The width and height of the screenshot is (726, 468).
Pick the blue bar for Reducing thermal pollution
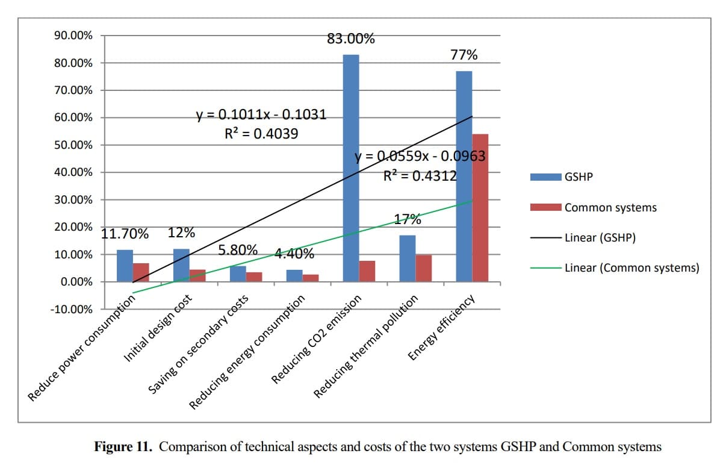click(408, 258)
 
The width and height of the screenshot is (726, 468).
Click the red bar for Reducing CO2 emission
click(367, 271)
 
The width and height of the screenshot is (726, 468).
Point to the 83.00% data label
click(351, 39)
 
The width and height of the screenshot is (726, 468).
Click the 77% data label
click(464, 55)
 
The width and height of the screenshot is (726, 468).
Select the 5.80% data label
click(238, 249)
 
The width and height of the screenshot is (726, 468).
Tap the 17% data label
click(408, 219)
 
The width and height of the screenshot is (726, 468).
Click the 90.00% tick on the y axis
click(73, 36)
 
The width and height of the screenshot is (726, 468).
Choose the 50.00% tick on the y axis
click(73, 145)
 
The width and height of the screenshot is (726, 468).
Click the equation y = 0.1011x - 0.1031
click(261, 114)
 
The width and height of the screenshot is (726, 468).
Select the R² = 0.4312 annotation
click(420, 176)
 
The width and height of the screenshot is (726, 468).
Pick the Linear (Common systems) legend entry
click(631, 267)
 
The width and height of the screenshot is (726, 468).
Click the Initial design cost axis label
click(159, 329)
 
